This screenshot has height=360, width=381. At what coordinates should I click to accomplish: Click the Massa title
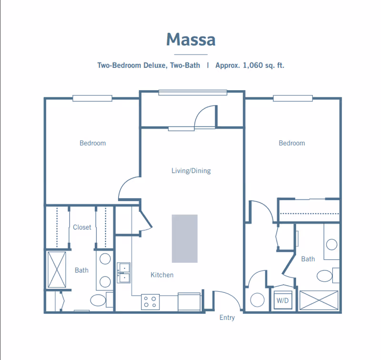pos(191,40)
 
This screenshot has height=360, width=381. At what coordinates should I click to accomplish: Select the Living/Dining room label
pos(191,171)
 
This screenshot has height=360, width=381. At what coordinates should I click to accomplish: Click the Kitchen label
pos(162,275)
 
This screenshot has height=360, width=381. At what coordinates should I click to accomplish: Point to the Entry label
pos(227,318)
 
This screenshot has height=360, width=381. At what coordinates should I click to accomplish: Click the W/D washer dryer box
pos(282,300)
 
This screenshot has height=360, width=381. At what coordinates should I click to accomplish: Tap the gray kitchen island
pos(185,238)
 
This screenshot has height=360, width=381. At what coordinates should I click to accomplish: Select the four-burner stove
pos(150,302)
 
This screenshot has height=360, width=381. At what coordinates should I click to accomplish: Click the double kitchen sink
pos(124,273)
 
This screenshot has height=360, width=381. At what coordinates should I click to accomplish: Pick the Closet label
pos(82,227)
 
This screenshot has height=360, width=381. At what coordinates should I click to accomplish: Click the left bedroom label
pos(92,143)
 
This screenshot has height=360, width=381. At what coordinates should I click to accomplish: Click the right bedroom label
pos(291,143)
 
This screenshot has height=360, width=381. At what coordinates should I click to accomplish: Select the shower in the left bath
pos(57,269)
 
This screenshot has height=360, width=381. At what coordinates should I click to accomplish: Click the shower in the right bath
pos(319,300)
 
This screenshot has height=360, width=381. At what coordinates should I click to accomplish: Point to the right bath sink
pos(331,245)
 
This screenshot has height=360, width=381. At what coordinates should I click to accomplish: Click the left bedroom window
pos(92,98)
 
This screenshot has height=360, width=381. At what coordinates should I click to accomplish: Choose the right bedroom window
pos(293,98)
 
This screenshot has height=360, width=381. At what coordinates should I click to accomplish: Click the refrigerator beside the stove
pos(189,302)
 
